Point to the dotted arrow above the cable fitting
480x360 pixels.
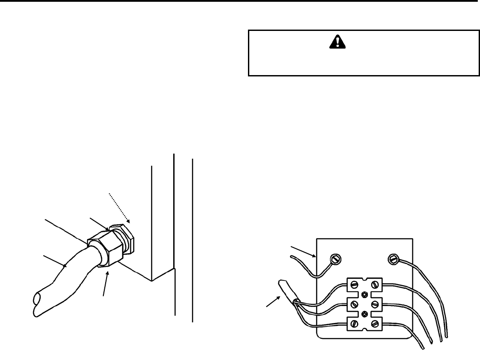tap(119, 207)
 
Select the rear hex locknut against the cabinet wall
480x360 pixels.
tap(126, 239)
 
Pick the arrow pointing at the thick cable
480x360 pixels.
tap(55, 260)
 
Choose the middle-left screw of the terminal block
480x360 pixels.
tap(354, 304)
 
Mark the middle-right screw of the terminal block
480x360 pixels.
tap(375, 304)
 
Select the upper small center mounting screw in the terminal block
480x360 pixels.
tap(365, 294)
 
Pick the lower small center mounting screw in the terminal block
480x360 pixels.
tap(365, 314)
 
